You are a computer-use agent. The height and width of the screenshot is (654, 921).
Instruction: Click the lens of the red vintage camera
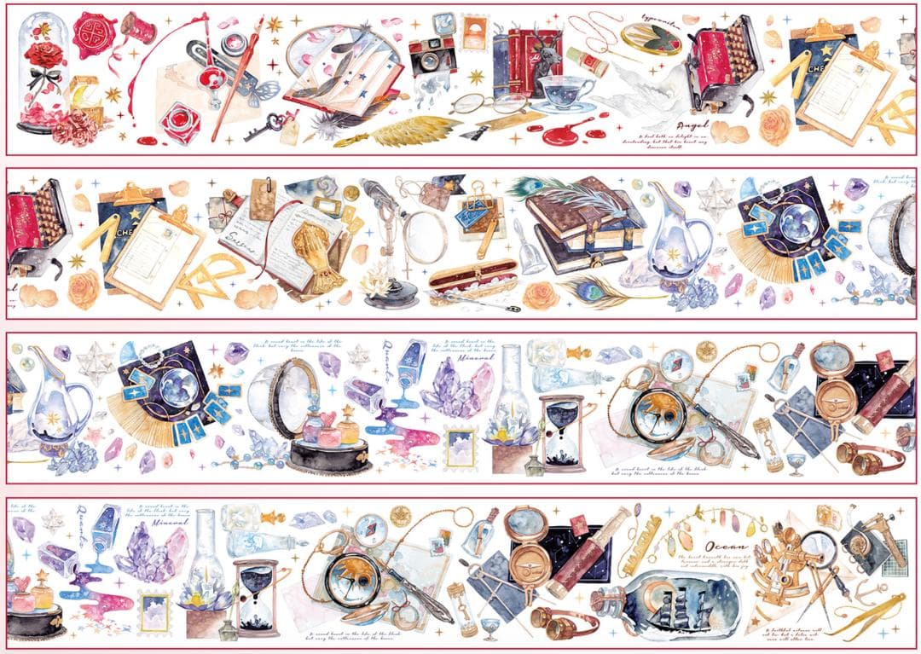pyautogui.click(x=424, y=59)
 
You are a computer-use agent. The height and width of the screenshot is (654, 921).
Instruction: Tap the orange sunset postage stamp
pyautogui.click(x=472, y=32)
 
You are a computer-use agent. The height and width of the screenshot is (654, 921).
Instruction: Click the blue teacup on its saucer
pyautogui.click(x=565, y=93)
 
